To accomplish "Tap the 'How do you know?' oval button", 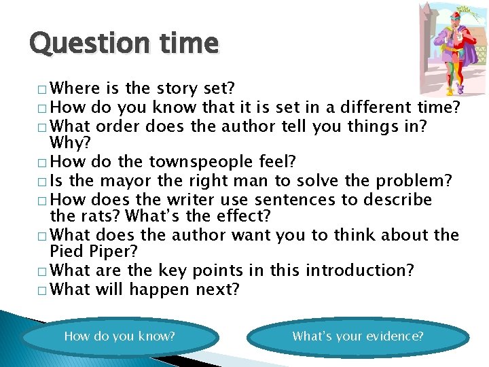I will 120,336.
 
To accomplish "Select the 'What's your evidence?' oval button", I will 358,336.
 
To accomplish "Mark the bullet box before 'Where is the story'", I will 43,90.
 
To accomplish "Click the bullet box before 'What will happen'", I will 43,290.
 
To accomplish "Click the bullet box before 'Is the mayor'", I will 43,182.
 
